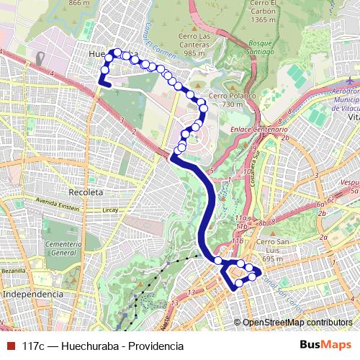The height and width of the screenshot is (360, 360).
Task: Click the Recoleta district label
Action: pyautogui.click(x=86, y=192)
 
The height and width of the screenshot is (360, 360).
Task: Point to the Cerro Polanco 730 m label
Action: pyautogui.click(x=226, y=100)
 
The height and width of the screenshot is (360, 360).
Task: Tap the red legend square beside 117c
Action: pyautogui.click(x=10, y=346)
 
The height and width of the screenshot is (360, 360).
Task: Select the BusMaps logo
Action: pyautogui.click(x=325, y=346)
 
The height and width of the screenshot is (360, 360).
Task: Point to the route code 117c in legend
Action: pyautogui.click(x=35, y=346)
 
